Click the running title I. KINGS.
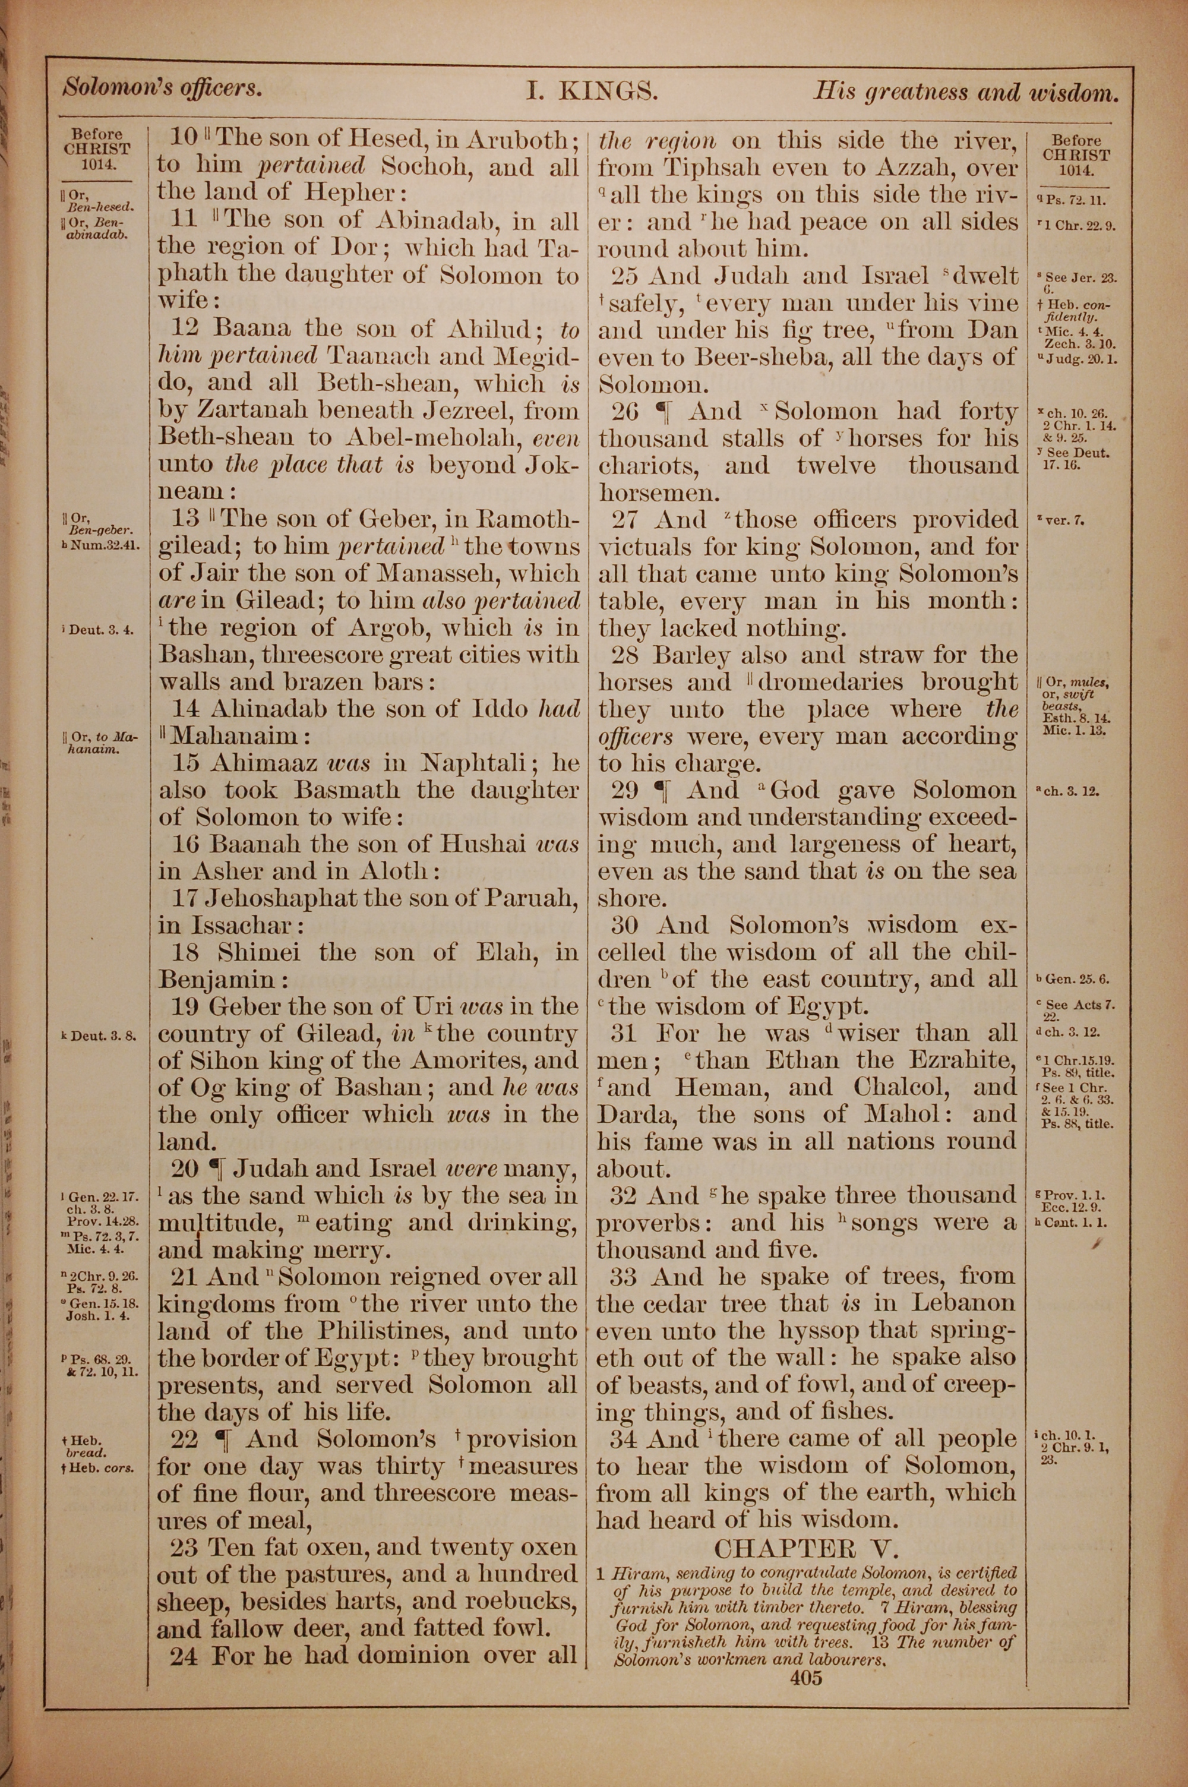[592, 91]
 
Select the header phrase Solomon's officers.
[162, 89]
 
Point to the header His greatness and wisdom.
[965, 93]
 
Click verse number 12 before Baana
[185, 329]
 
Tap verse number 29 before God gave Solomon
[625, 790]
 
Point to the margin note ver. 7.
[1065, 520]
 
